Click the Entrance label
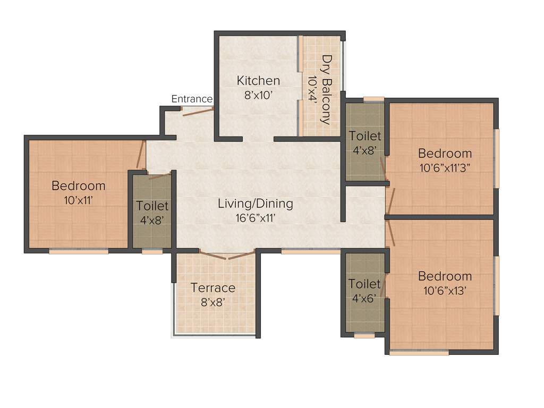192,99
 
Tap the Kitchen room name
258,81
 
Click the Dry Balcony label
327,89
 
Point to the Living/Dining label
255,203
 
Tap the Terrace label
213,288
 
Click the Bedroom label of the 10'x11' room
78,186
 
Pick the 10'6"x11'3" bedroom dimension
445,167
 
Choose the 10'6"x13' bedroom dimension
445,290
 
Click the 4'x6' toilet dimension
364,298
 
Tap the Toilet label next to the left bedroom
152,206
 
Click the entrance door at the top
198,110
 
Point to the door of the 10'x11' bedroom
141,155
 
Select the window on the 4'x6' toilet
364,336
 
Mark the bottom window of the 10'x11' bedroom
79,251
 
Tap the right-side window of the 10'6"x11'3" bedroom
497,158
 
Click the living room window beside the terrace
311,251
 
